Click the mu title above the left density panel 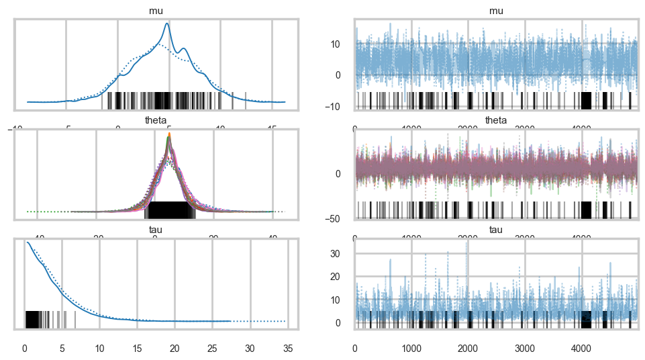[154, 11]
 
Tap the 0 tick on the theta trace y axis [346, 173]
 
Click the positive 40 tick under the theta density [272, 238]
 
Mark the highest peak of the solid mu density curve [167, 24]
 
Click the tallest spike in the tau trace [468, 240]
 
